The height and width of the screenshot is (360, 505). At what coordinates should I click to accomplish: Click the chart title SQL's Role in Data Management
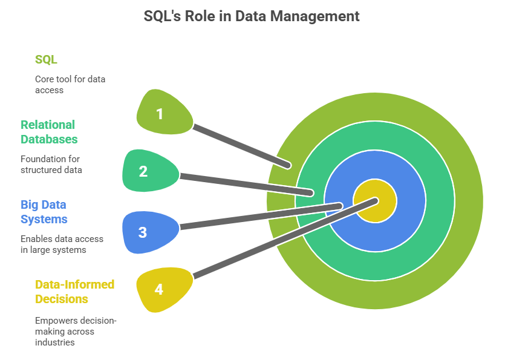252,16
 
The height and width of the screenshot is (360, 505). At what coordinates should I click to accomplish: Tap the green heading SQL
46,59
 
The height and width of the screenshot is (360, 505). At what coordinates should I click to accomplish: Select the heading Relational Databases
49,132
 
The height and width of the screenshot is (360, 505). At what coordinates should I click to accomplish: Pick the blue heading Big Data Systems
44,212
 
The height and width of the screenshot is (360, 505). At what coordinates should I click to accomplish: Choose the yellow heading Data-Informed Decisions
74,292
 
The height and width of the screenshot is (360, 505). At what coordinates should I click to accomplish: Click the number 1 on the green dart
160,114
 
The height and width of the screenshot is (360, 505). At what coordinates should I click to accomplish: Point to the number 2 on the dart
143,171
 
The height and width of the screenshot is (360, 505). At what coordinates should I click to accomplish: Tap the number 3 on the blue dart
143,232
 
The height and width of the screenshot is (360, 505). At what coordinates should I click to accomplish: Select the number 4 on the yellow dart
158,289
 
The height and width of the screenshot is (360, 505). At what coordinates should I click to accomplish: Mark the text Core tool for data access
70,85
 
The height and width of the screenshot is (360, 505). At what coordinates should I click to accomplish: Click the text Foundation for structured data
51,165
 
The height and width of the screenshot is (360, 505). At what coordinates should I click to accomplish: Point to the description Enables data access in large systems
62,244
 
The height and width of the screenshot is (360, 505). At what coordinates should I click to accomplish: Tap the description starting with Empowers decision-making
75,331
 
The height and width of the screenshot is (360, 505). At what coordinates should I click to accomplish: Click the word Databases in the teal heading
49,139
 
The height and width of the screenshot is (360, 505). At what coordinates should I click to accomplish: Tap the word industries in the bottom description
54,342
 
